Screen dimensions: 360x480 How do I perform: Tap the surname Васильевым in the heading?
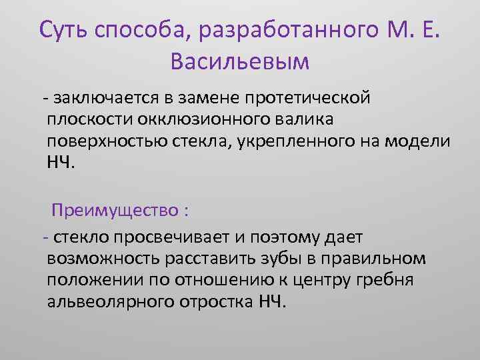(240, 61)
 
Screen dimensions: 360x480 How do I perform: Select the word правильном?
(380, 258)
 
